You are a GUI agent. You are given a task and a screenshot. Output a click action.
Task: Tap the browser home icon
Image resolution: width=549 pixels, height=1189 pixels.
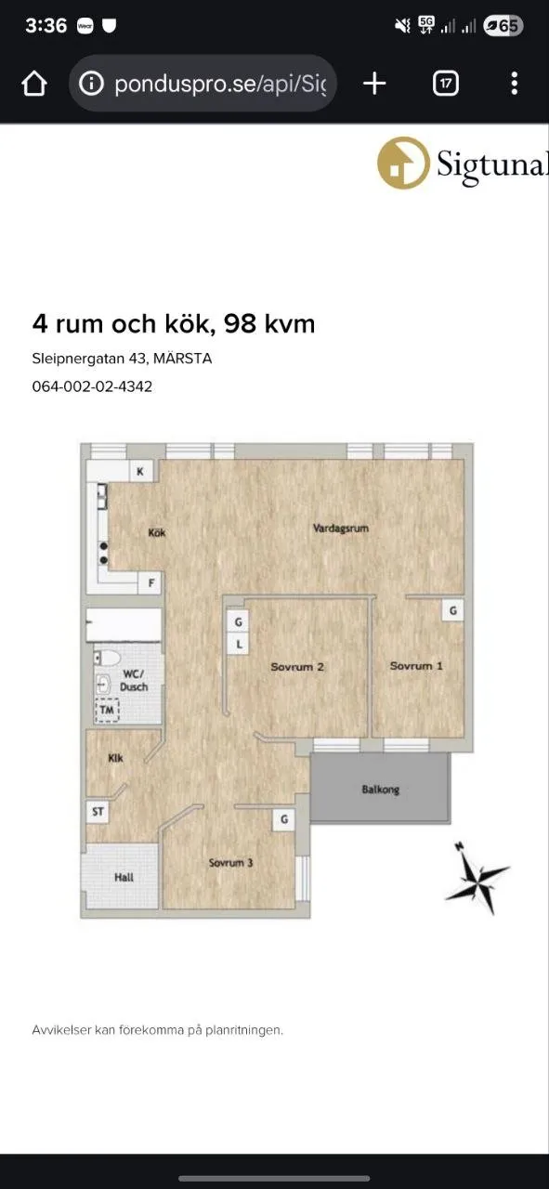[x=33, y=84]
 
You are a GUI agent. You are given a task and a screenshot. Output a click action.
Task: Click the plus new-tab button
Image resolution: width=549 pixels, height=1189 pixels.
[x=374, y=84]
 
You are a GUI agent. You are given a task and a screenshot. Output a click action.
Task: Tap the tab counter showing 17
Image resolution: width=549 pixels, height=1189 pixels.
[x=446, y=84]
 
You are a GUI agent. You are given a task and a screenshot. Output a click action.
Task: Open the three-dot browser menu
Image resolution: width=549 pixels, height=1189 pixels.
[x=514, y=84]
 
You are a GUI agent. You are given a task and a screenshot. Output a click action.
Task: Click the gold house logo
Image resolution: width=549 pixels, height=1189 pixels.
[x=402, y=163]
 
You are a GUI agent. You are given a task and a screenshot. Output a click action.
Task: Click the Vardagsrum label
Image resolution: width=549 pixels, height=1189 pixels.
[x=341, y=529]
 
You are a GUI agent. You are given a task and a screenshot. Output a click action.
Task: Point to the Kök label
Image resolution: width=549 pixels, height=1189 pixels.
[x=157, y=533]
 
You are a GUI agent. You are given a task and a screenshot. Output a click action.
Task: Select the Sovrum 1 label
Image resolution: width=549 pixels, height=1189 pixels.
[x=416, y=666]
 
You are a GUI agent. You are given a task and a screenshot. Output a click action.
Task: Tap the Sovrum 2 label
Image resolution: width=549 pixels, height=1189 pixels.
[x=297, y=667]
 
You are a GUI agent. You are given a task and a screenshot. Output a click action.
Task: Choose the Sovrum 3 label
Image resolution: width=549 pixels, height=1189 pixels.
[x=231, y=863]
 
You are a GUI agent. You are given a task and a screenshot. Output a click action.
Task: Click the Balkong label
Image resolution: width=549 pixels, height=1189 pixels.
[x=380, y=790]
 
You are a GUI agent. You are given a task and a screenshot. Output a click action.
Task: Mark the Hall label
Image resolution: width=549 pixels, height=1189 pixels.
[x=124, y=877]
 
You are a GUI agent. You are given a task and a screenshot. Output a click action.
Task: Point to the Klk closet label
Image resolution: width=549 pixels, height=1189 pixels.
[x=116, y=758]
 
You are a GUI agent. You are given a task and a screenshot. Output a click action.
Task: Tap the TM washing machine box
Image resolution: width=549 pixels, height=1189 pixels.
[x=109, y=711]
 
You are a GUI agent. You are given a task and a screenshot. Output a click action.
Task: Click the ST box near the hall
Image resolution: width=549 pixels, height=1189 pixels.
[x=98, y=812]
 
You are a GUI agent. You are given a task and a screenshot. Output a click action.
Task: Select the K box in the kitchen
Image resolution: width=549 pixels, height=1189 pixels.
[x=140, y=472]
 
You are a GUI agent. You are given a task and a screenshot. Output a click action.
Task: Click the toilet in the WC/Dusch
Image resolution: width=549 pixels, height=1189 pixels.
[x=110, y=659]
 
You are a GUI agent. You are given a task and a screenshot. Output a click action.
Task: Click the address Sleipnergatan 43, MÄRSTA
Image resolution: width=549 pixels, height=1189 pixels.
[x=122, y=358]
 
